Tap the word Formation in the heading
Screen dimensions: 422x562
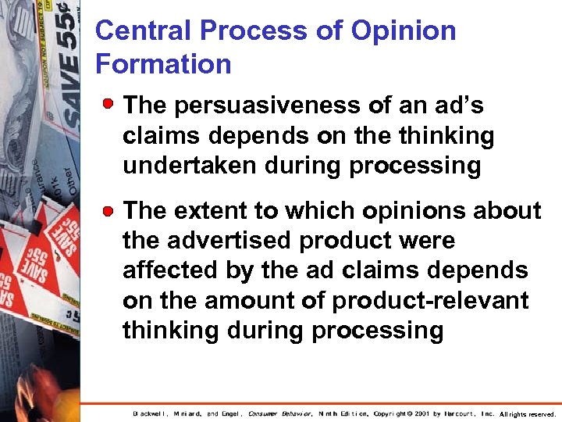pyautogui.click(x=163, y=64)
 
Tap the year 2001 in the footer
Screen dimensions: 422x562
pyautogui.click(x=422, y=413)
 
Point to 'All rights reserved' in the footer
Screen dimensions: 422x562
pyautogui.click(x=527, y=414)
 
